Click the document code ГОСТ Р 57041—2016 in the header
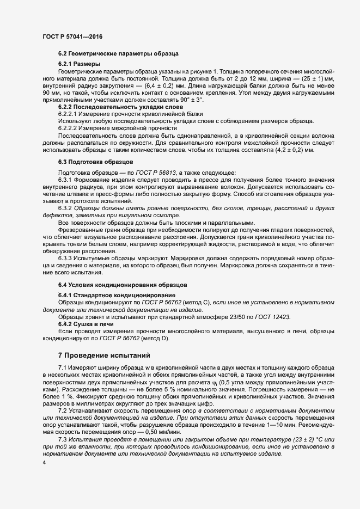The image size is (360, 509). pos(72,36)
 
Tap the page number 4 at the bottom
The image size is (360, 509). pos(44,463)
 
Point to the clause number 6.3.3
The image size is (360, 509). pos(67,257)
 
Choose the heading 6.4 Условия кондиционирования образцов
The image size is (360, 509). pos(123,285)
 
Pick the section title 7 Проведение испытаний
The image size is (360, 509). pos(104,355)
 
